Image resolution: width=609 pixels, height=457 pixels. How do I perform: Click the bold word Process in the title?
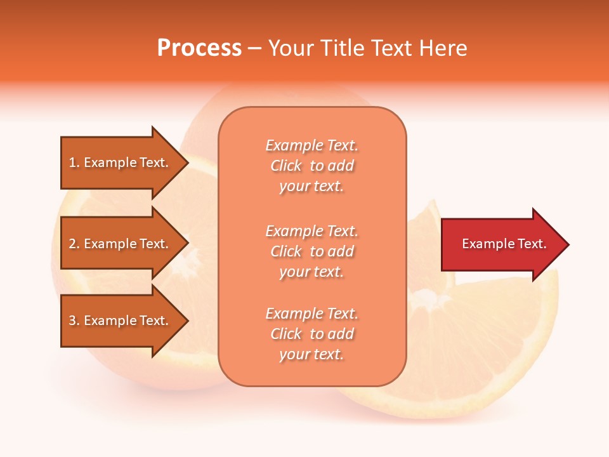[199, 48]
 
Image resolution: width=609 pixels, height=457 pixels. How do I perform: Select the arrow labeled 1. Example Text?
[121, 162]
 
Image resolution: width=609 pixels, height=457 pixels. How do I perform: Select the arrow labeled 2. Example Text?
[121, 244]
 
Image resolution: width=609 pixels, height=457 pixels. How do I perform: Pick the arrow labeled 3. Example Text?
[121, 321]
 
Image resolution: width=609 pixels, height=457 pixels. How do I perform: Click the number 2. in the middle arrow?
[74, 244]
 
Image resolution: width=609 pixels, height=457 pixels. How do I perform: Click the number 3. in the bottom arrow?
[74, 321]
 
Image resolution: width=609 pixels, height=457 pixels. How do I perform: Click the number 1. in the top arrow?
[74, 162]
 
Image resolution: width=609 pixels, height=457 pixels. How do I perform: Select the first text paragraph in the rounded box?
[311, 166]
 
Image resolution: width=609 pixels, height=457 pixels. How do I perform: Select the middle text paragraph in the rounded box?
[311, 251]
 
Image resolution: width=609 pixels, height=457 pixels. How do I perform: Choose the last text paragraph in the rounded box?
[311, 334]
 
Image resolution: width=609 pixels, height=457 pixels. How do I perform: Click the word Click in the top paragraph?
[286, 166]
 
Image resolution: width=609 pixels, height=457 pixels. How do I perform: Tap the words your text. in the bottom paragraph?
[311, 355]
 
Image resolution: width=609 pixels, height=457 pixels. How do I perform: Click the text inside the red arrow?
[504, 244]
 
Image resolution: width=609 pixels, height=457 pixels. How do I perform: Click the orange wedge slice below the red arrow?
[482, 343]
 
